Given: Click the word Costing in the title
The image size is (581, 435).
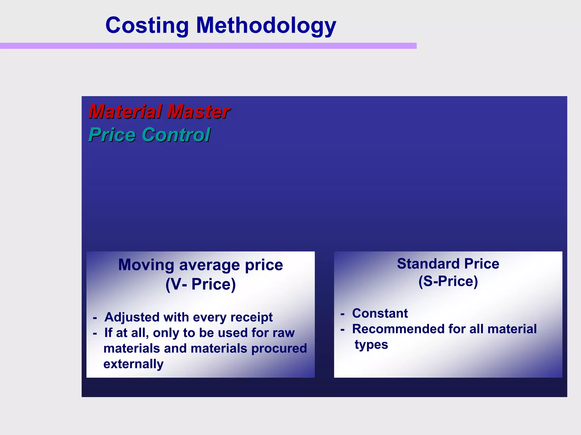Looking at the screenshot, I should [x=147, y=26].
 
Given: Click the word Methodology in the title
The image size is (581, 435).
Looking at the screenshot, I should [x=266, y=26].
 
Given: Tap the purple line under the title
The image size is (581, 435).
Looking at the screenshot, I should [x=208, y=46].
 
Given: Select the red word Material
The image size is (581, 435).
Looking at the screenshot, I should [x=125, y=111].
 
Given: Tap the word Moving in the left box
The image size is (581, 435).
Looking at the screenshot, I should [x=146, y=265].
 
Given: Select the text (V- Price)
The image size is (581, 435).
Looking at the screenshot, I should [x=201, y=284].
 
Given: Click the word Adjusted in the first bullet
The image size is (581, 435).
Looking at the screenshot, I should [x=132, y=317].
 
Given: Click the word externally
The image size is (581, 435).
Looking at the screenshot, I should [x=133, y=364].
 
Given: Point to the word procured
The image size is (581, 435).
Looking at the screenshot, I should [x=279, y=348].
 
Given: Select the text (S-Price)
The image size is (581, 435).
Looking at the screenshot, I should [x=448, y=281].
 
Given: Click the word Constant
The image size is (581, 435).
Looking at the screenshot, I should [x=380, y=313].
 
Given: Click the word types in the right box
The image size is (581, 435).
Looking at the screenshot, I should [x=371, y=345].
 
